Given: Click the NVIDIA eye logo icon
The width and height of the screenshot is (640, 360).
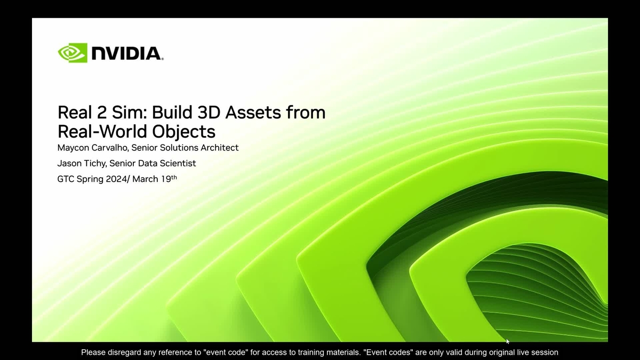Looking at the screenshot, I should click(72, 53).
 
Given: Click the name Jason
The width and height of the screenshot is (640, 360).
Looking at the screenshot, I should click(69, 163).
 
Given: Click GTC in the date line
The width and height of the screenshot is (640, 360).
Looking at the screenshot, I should click(66, 179).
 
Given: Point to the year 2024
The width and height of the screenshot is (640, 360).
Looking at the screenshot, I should click(116, 179).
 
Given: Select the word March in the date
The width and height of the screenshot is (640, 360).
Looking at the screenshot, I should click(145, 179).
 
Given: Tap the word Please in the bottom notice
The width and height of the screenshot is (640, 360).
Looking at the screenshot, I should click(94, 353).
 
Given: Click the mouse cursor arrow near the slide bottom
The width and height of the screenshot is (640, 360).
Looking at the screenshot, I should click(507, 341).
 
